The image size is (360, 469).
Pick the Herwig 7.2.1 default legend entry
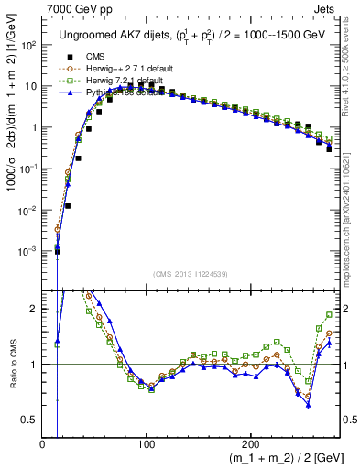[x=119, y=80]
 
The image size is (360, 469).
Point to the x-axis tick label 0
[x=42, y=444]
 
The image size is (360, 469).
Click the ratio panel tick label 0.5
[x=29, y=420]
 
